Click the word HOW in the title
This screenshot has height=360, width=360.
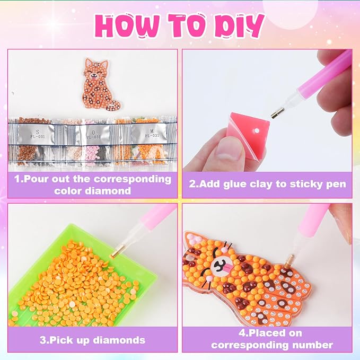[x=127, y=25]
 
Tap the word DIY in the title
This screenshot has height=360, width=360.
[x=239, y=25]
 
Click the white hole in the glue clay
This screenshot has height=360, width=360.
[x=257, y=131]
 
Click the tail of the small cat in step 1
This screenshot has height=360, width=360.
[x=114, y=105]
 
